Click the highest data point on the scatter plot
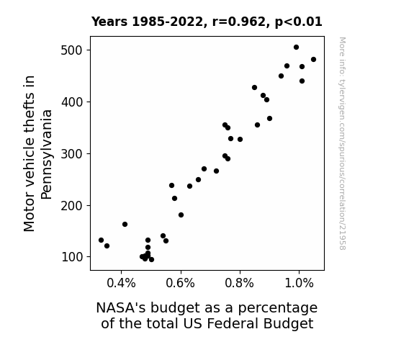point(296,48)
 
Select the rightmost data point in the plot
point(313,60)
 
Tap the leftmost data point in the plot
point(101,240)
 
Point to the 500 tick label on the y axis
point(71,50)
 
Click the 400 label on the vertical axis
point(71,102)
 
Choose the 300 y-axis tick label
point(71,153)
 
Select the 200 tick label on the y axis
point(71,205)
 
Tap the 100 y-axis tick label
point(71,257)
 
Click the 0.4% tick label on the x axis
point(121,284)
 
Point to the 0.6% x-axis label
point(180,284)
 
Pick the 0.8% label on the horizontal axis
point(240,284)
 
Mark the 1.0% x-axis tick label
point(299,284)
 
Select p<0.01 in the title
point(299,22)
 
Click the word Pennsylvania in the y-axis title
point(47,155)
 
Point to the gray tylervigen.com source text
point(342,143)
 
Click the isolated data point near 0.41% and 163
point(125,224)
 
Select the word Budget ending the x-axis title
point(288,324)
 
